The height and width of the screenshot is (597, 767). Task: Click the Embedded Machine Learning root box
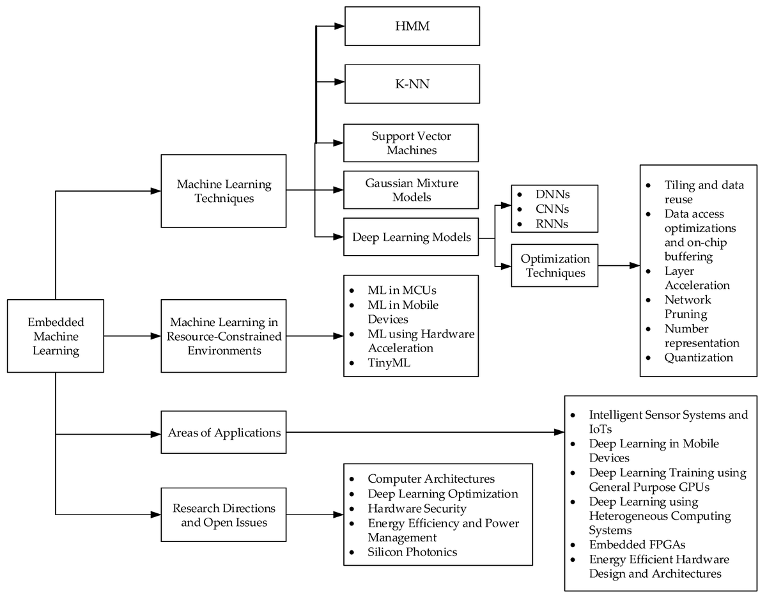click(x=56, y=336)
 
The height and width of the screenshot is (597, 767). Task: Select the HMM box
click(x=412, y=26)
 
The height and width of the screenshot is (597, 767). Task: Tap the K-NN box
click(x=412, y=84)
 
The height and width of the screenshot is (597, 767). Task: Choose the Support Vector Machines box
click(x=411, y=143)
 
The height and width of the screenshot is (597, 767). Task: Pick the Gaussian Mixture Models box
click(x=411, y=190)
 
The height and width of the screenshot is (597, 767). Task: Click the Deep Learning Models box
click(x=411, y=237)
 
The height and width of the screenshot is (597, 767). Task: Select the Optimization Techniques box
click(x=555, y=265)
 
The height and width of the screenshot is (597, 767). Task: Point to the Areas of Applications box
click(x=224, y=433)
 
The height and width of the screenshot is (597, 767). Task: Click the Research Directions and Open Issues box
click(x=224, y=515)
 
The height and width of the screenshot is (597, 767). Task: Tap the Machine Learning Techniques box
click(x=224, y=191)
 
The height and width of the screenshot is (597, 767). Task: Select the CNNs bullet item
click(x=552, y=209)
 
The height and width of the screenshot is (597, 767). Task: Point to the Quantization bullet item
click(x=699, y=357)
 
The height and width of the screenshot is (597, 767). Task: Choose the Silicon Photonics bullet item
click(x=412, y=552)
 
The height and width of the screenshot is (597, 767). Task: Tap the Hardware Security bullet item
click(x=417, y=509)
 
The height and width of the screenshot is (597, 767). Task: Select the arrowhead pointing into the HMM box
click(x=339, y=26)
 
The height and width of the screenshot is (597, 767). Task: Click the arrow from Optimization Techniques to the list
click(x=619, y=265)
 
